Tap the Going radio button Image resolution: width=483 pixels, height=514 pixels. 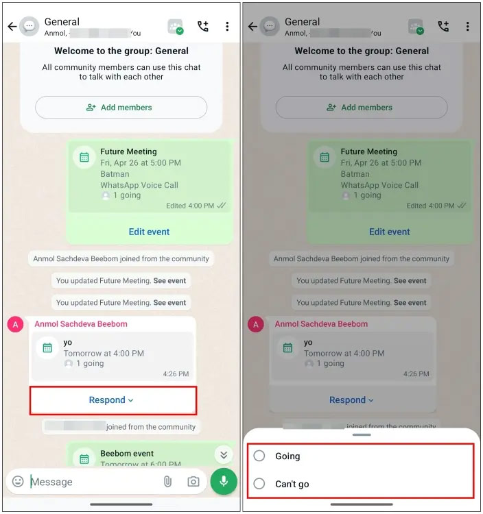click(259, 456)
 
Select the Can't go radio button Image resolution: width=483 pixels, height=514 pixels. click(259, 484)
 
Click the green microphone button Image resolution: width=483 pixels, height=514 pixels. click(224, 482)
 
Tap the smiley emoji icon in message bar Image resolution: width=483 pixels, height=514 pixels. click(18, 482)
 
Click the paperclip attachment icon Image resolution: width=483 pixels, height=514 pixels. click(167, 482)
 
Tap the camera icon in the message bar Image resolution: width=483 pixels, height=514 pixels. click(193, 482)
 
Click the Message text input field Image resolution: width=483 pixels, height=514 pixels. click(89, 482)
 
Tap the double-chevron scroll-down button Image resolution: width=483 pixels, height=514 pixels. click(222, 454)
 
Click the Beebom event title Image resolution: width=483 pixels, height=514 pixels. click(127, 453)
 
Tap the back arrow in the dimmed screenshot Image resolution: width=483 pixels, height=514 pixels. click(252, 27)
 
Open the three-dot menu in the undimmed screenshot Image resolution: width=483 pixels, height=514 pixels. click(227, 27)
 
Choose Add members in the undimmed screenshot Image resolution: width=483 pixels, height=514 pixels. click(120, 108)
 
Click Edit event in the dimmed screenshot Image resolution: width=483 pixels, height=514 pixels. click(389, 232)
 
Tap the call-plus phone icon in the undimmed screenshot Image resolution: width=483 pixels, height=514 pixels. click(203, 27)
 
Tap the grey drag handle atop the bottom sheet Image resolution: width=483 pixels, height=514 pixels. click(361, 435)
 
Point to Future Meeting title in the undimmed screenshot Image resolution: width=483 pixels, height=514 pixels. click(128, 151)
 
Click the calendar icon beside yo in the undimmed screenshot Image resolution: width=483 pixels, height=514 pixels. click(47, 347)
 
